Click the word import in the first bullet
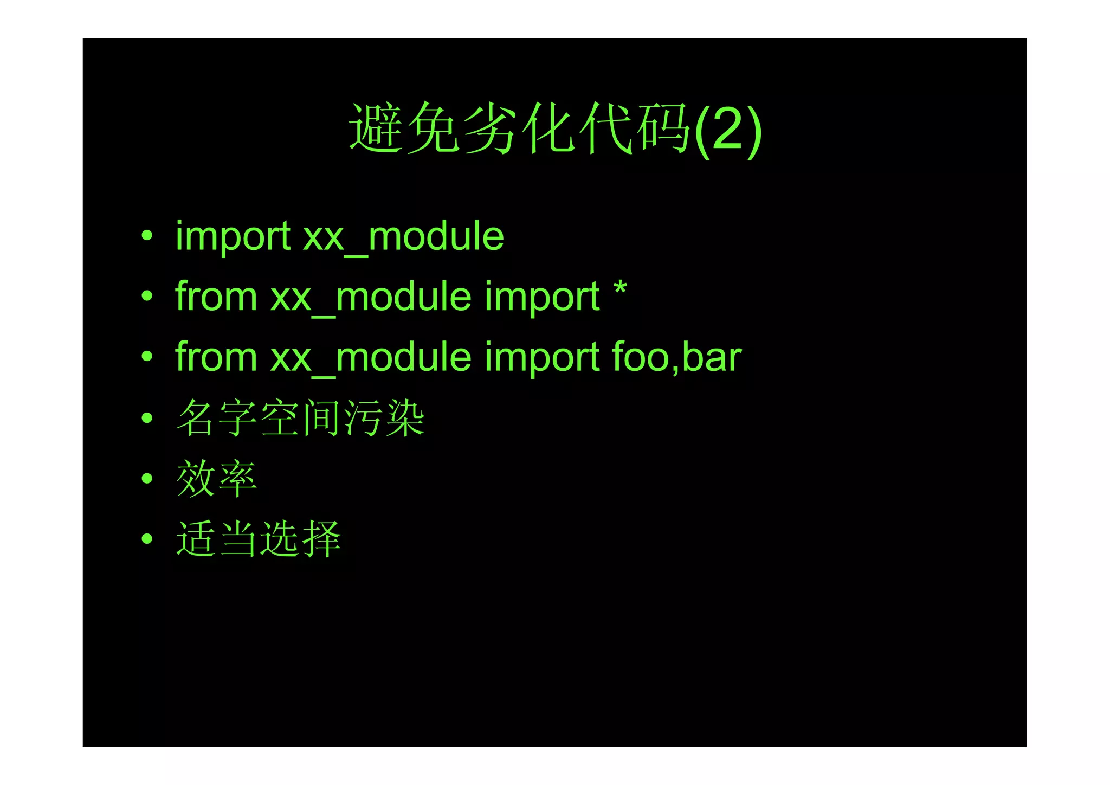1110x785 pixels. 233,237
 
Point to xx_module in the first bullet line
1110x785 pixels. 403,237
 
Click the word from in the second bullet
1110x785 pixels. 216,297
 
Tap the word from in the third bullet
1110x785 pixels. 216,358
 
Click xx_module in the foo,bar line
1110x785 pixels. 371,358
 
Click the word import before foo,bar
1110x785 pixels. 542,358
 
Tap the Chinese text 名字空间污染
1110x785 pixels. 300,418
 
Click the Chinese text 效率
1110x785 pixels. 216,479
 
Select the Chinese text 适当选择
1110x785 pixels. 259,539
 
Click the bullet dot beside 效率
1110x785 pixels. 147,478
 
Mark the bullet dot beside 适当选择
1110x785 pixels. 147,539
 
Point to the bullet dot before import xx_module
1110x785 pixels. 147,236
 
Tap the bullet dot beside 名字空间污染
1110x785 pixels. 147,417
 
